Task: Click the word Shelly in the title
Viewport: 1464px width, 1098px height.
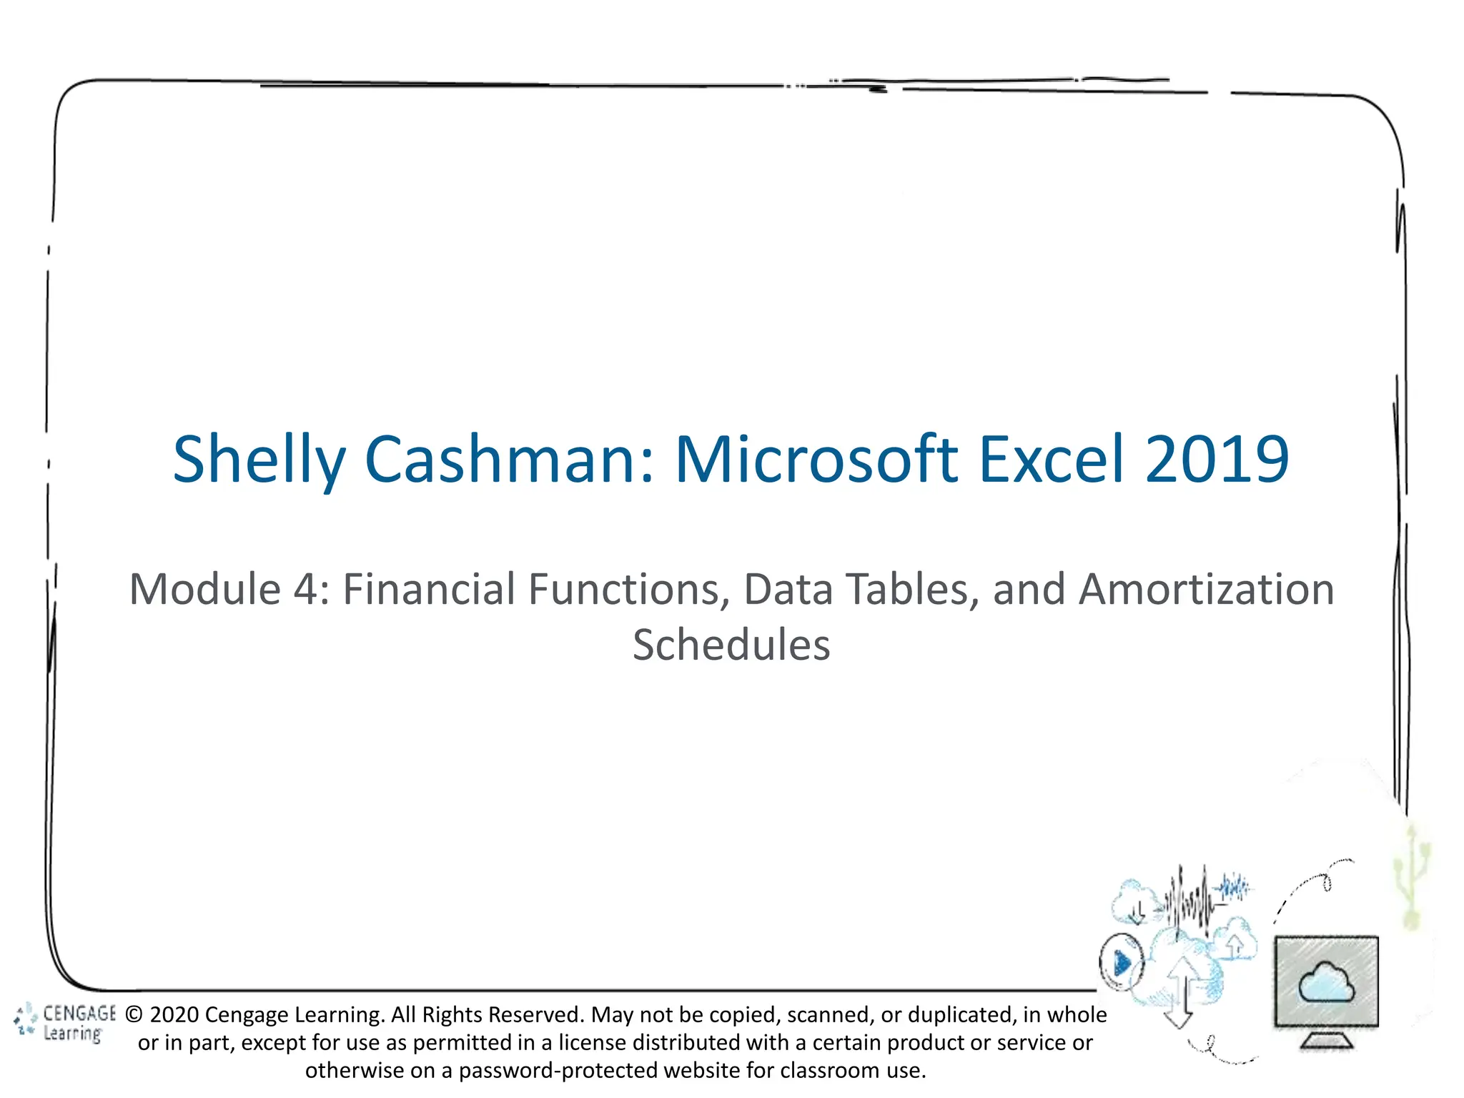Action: coord(259,460)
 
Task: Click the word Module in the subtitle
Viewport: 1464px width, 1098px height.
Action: coord(204,590)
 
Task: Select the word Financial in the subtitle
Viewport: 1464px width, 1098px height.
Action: coord(428,590)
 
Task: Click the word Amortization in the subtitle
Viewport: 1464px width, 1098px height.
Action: coord(1206,590)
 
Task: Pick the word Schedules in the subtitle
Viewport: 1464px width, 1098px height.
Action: coord(731,645)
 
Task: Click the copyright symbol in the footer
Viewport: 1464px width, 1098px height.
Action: coord(134,1015)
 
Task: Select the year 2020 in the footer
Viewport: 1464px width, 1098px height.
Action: coord(174,1015)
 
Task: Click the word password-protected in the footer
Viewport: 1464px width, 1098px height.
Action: coord(558,1071)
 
